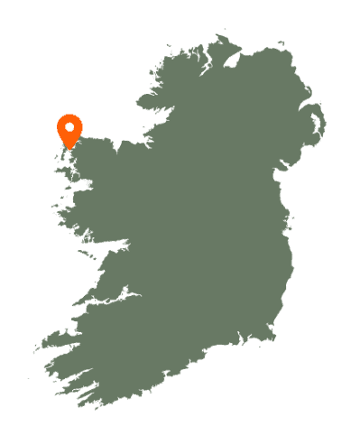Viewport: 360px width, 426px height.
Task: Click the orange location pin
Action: tap(69, 130)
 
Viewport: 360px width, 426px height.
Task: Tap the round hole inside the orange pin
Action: tap(69, 125)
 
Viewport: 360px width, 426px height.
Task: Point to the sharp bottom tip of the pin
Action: tap(69, 150)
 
